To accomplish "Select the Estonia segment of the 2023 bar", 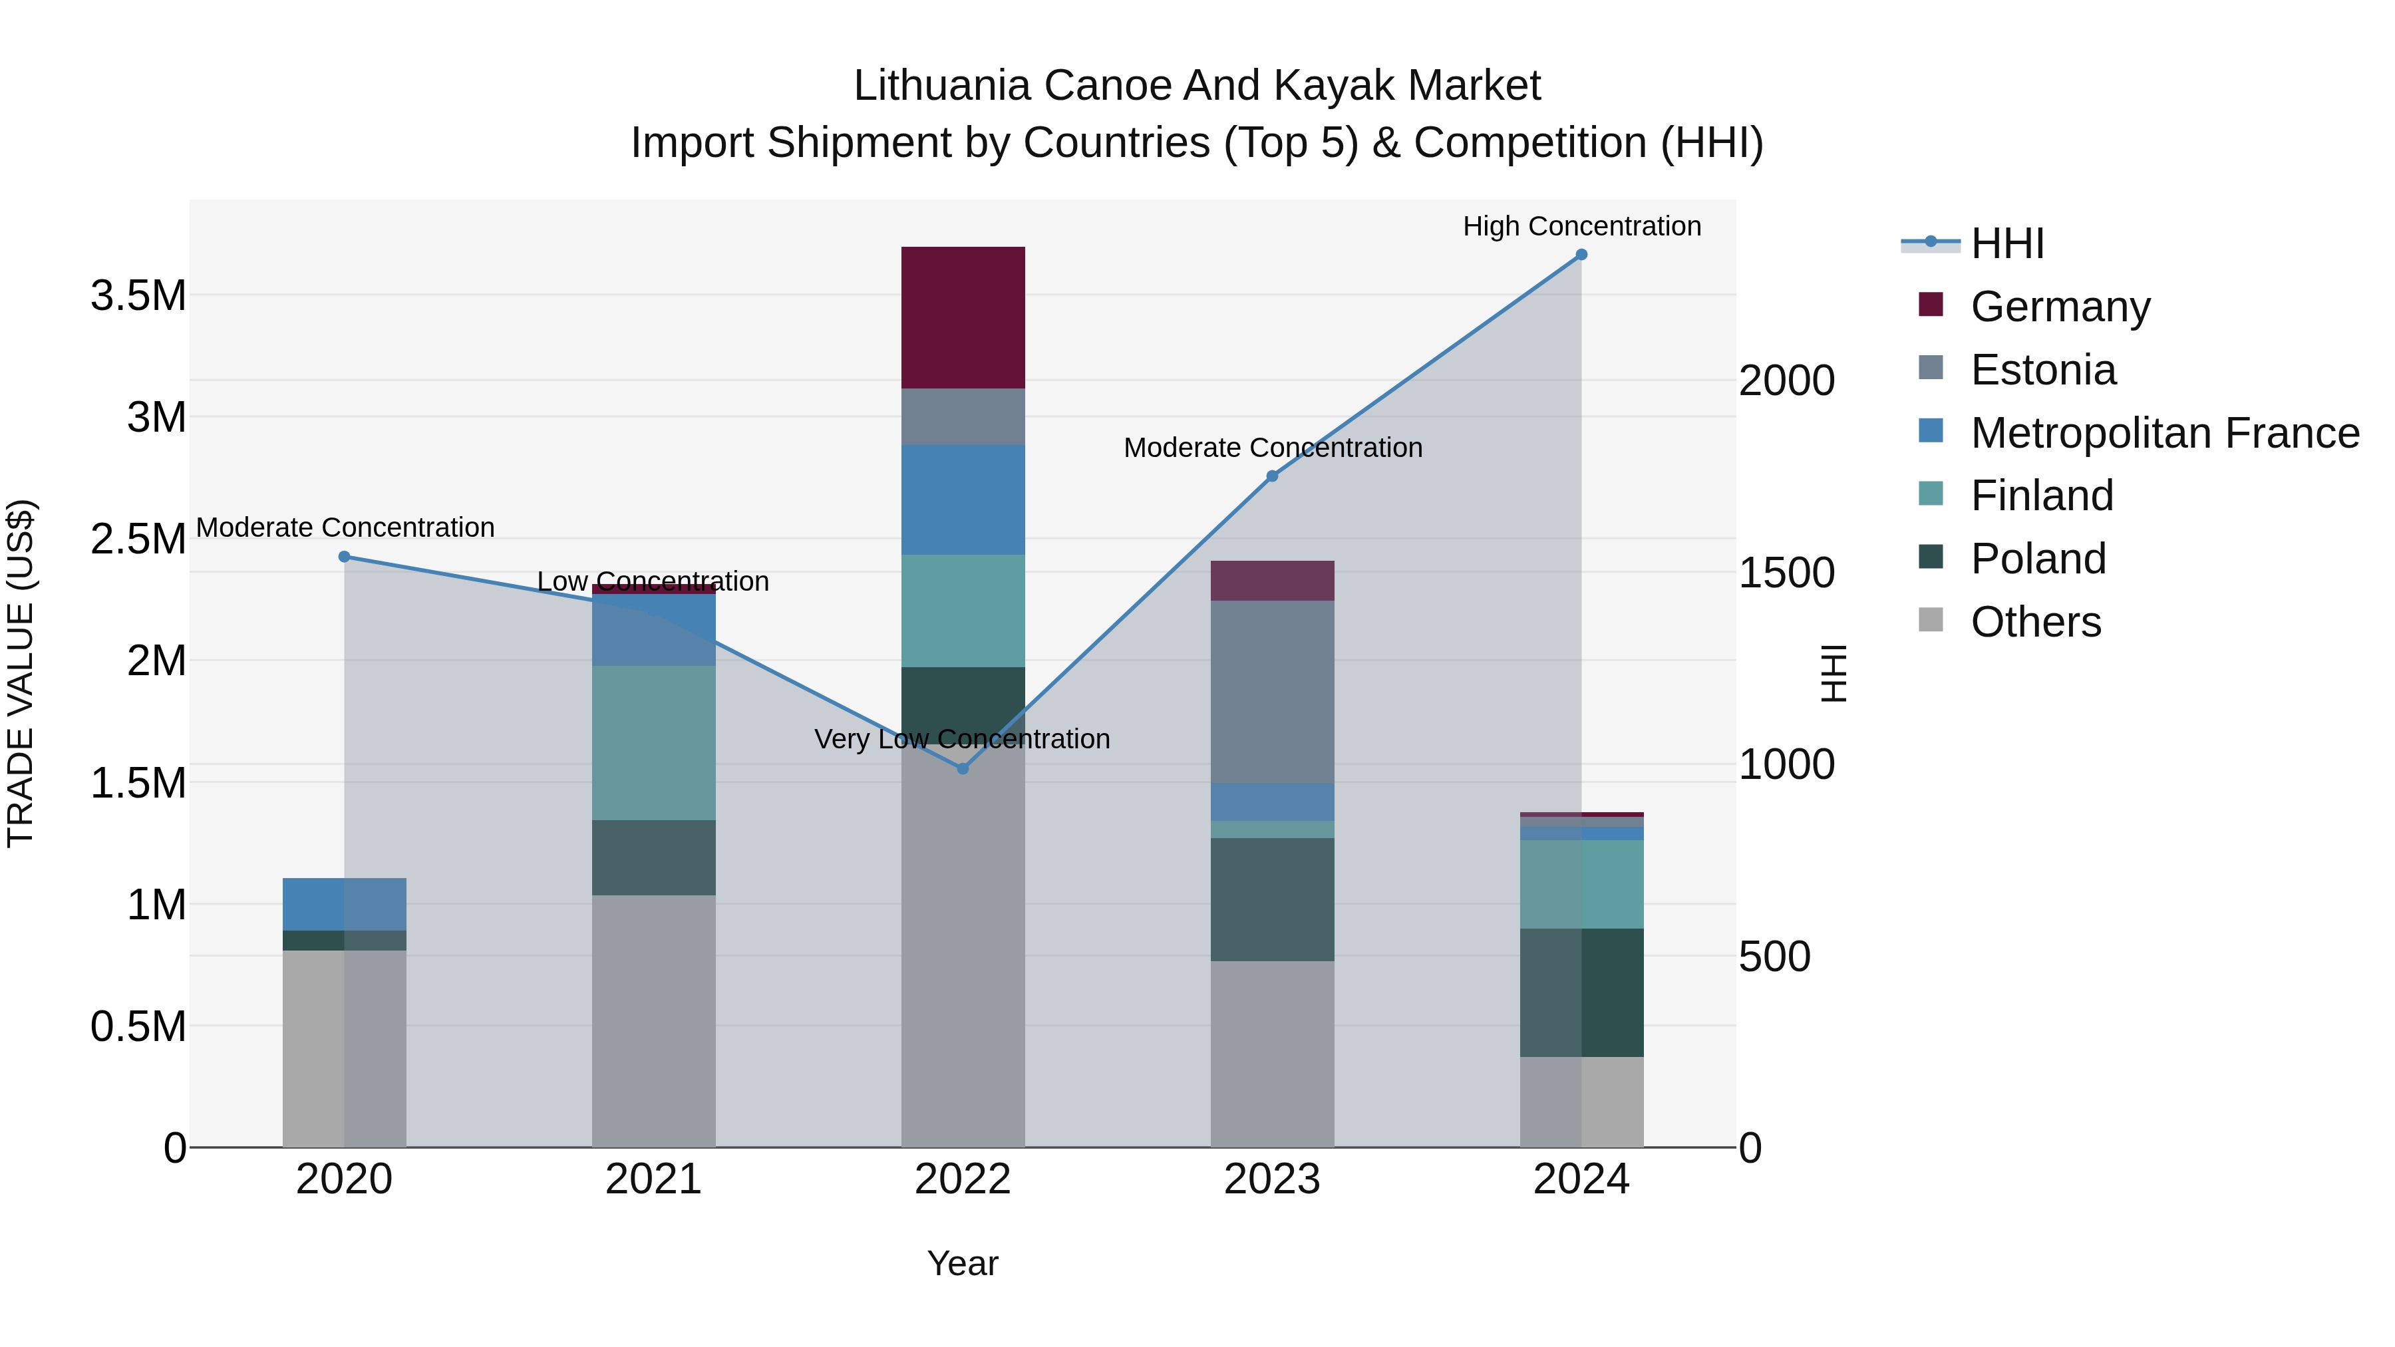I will click(1272, 692).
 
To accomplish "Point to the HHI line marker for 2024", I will click(1581, 255).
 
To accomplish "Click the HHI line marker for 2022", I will click(963, 769).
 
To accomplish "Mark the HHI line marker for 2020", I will click(344, 557).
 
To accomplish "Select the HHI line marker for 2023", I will click(1272, 477).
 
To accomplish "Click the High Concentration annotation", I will click(1581, 226).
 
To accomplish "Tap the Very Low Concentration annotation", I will click(962, 739).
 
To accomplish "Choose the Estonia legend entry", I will click(2042, 370).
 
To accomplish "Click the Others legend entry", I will click(2035, 622).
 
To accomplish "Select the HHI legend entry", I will click(2006, 243).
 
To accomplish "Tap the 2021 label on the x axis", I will click(653, 1179).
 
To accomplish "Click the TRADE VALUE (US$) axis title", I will click(21, 673).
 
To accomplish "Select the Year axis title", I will click(962, 1263).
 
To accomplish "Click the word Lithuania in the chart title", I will click(942, 86).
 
